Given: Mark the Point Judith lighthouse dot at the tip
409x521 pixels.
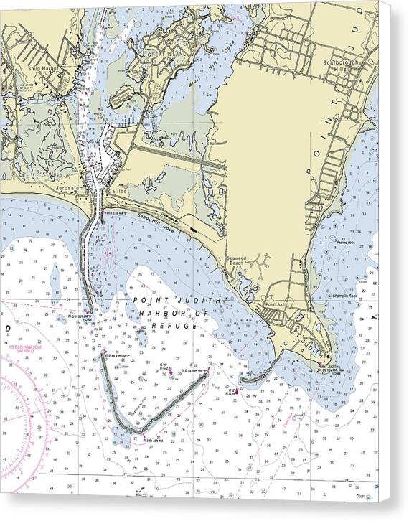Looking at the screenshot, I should point(328,357).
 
